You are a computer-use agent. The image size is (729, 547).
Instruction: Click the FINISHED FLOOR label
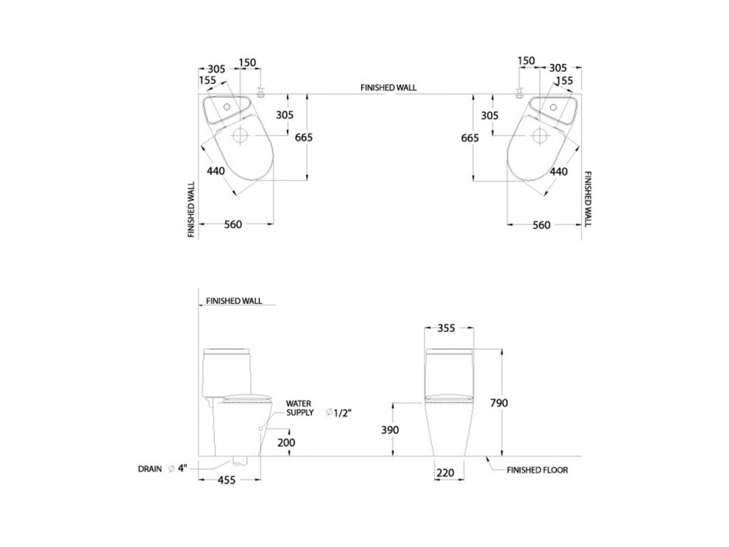point(536,469)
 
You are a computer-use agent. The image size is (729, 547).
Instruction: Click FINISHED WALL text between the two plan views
point(388,86)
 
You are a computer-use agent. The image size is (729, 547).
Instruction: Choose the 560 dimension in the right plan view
point(541,225)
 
